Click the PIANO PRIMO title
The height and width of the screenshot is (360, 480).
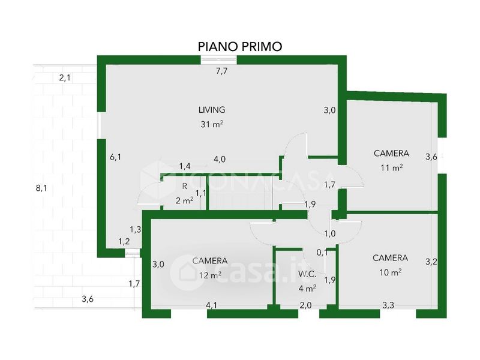[x=239, y=47]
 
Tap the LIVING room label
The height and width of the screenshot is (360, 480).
[x=212, y=110]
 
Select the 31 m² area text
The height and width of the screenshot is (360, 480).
[x=212, y=124]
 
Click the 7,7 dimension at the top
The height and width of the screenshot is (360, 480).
[x=221, y=71]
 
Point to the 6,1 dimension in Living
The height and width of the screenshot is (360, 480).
[x=115, y=157]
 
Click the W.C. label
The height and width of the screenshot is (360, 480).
[x=307, y=274]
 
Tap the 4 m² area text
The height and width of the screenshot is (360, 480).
[x=307, y=288]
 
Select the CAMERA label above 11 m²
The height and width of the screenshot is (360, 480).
[x=392, y=153]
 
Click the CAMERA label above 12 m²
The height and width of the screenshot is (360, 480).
[x=209, y=261]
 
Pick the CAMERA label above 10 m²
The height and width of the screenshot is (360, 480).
[x=391, y=258]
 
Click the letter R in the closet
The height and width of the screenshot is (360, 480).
[x=185, y=186]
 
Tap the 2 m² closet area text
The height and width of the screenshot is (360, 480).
[x=184, y=200]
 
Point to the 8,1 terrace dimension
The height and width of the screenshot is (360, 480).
[x=41, y=188]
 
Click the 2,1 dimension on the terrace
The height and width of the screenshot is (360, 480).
[x=65, y=78]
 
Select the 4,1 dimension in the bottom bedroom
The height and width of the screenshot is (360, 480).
[x=212, y=305]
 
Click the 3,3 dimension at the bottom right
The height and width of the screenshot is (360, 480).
[x=388, y=305]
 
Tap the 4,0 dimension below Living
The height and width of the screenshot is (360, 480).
[x=220, y=159]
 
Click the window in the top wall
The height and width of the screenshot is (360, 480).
[x=219, y=59]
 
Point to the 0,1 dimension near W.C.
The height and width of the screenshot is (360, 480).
[x=322, y=253]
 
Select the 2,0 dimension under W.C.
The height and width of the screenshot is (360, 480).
[x=305, y=305]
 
